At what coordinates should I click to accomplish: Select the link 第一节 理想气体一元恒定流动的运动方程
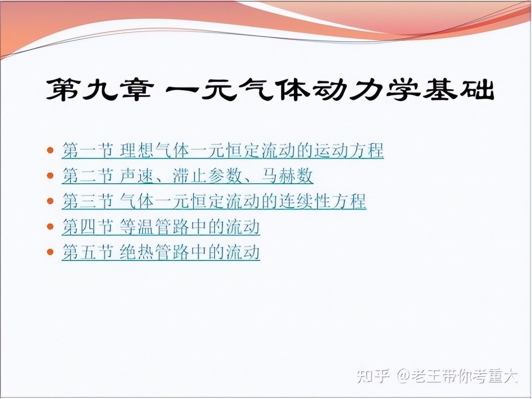click(223, 151)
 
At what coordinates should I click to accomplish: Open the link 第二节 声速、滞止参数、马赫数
click(187, 176)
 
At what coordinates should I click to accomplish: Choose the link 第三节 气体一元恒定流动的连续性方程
click(214, 201)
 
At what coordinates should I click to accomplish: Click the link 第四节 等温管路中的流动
click(161, 227)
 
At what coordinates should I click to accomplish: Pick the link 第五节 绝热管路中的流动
click(161, 252)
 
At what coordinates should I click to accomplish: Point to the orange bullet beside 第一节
click(50, 150)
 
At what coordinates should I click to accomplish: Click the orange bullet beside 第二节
click(50, 176)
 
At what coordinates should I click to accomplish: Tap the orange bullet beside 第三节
click(50, 201)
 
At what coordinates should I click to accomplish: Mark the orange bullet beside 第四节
click(50, 226)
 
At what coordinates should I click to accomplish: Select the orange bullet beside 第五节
click(50, 252)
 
